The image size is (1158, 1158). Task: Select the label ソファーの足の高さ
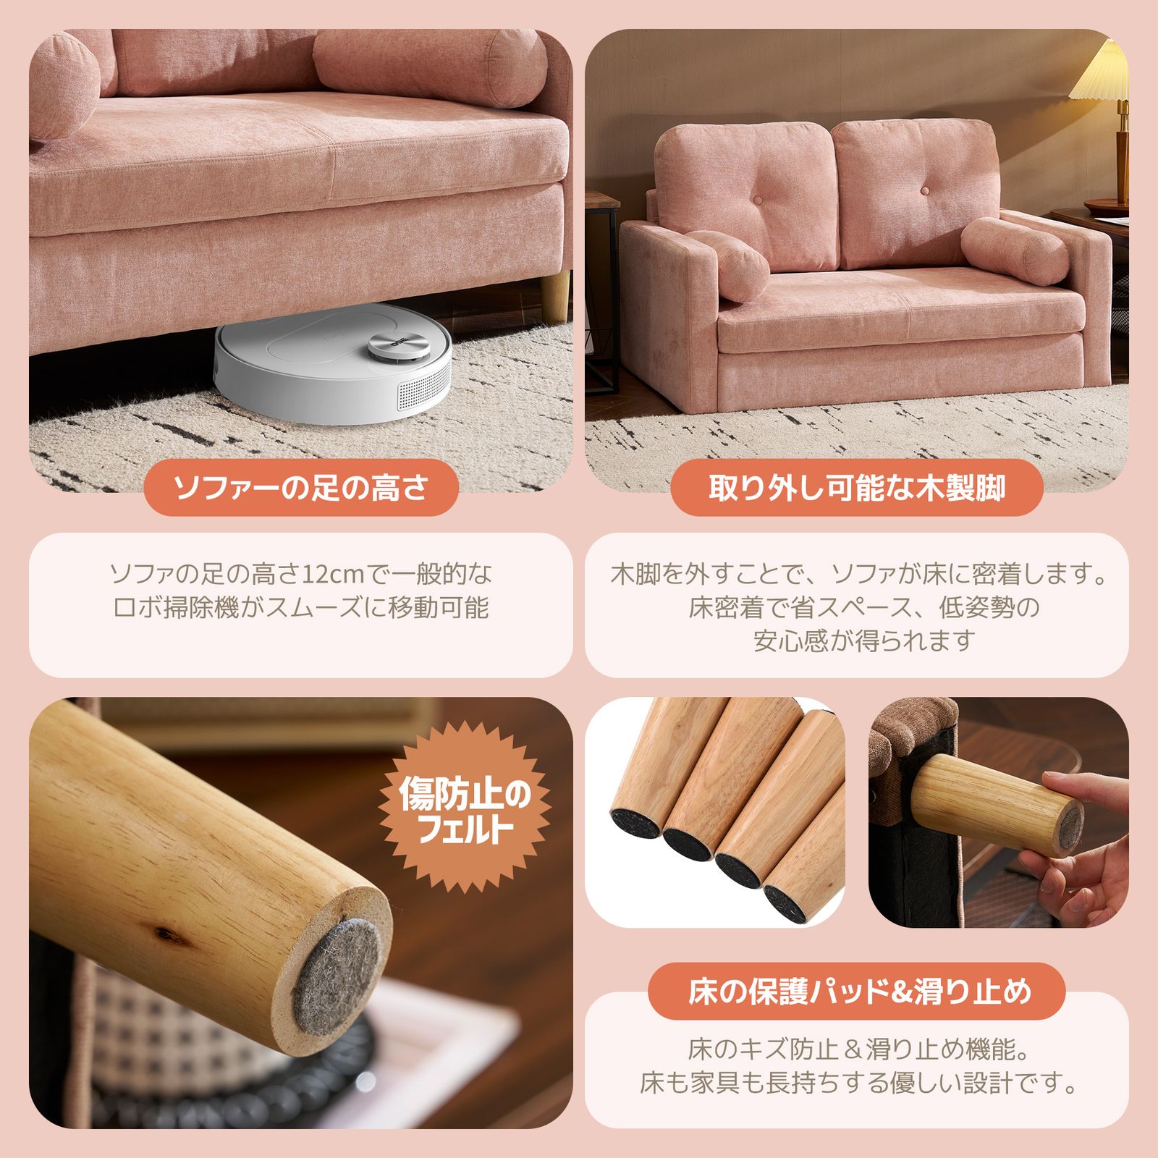302,488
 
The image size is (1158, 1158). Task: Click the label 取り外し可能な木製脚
857,488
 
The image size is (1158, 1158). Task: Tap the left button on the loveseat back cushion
758,199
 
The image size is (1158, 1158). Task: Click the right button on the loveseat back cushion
924,190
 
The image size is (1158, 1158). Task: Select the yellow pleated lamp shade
1102,72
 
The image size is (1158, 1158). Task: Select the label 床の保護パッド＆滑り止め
857,992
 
